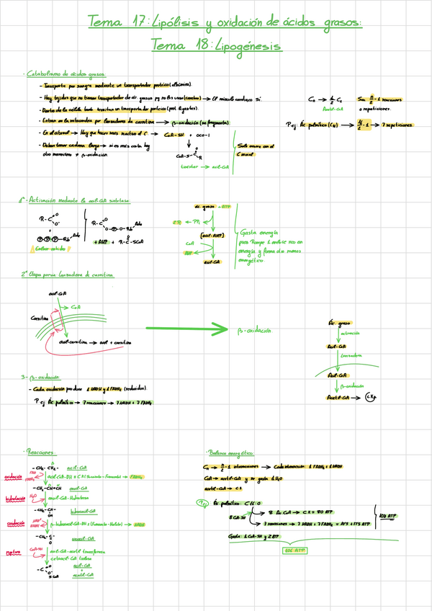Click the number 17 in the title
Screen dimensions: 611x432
(134, 22)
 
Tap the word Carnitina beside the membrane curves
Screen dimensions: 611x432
(40, 317)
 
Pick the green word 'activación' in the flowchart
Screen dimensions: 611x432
(351, 334)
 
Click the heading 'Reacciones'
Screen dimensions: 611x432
(40, 452)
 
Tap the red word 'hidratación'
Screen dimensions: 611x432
(15, 498)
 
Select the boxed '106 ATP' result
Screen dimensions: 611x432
(294, 549)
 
